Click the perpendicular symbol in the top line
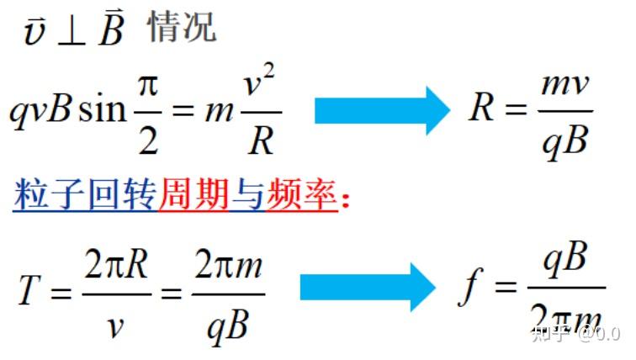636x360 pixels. point(72,34)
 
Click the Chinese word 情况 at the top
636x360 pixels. point(182,27)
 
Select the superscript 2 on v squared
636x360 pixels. point(268,72)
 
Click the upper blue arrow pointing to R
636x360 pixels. point(382,111)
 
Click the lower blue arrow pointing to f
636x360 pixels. point(368,287)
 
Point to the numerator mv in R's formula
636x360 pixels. point(564,85)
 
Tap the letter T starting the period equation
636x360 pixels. point(30,289)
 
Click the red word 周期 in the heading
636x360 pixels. point(193,194)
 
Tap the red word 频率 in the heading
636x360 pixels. point(302,194)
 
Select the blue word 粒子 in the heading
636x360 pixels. point(49,194)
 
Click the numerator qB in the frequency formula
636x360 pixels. point(566,259)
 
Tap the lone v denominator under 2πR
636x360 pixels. point(115,327)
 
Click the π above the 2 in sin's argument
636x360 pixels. point(148,87)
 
